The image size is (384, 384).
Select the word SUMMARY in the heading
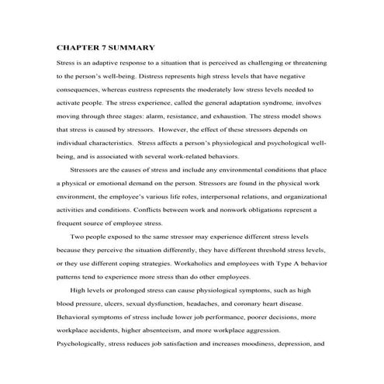139,45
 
